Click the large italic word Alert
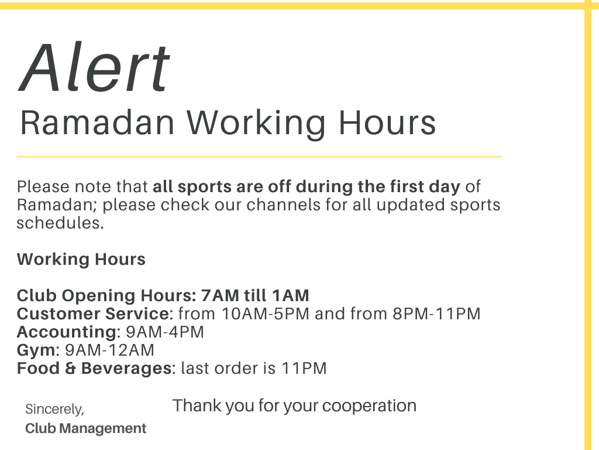pos(94,67)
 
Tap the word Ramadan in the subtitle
pos(98,123)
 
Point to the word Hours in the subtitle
pos(387,123)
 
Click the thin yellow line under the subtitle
pos(259,156)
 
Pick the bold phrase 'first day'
pos(425,187)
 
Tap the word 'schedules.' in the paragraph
pos(60,223)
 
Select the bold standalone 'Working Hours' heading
pos(81,260)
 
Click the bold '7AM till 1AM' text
pos(255,295)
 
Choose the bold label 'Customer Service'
pos(93,314)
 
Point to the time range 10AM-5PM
pos(266,314)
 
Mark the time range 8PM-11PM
pos(436,314)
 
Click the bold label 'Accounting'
pos(67,332)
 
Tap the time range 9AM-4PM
pos(165,332)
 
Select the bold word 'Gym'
pos(36,350)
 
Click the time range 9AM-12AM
pos(109,350)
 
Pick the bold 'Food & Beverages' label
pos(94,369)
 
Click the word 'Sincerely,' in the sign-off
pos(54,410)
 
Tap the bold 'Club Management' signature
pos(86,428)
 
